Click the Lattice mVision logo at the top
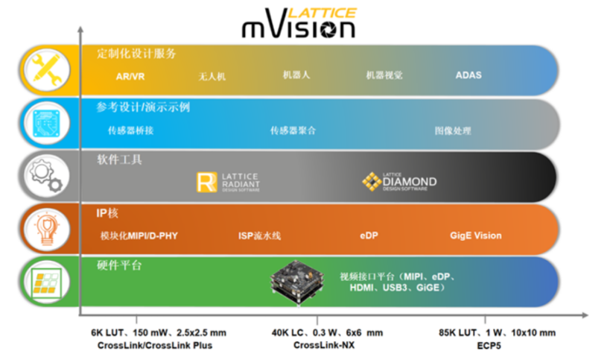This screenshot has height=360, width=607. coord(298,24)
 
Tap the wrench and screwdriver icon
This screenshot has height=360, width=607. coord(46,70)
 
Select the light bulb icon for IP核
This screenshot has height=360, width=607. coord(46,229)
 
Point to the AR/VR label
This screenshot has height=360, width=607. coord(127,75)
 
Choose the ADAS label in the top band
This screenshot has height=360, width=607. coord(468,75)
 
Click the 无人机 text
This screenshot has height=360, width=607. coord(212,76)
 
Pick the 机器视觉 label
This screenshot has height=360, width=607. coord(384,75)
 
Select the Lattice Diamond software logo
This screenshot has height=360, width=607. coord(399,181)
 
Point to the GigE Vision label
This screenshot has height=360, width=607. coord(475,236)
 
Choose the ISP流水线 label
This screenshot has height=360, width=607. coord(259,236)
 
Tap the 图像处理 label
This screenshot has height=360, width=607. coord(453,130)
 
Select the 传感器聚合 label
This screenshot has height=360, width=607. coord(293,130)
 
